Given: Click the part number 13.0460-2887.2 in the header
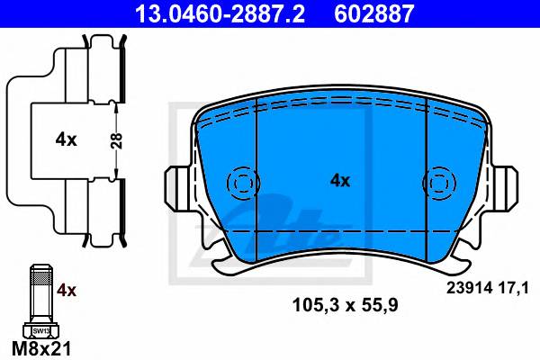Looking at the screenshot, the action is point(220,13).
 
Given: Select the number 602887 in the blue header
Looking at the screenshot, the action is point(374,13).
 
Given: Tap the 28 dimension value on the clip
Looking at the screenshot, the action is point(117,140).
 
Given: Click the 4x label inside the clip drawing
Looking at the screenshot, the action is point(66,139).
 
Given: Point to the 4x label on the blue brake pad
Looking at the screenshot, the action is point(340,181).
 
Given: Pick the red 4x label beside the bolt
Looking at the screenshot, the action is point(67,291).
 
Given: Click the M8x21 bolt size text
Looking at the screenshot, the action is point(41,348).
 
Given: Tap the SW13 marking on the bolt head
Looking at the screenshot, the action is point(41,331).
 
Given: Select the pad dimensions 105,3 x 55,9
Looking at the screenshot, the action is point(345,305).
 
